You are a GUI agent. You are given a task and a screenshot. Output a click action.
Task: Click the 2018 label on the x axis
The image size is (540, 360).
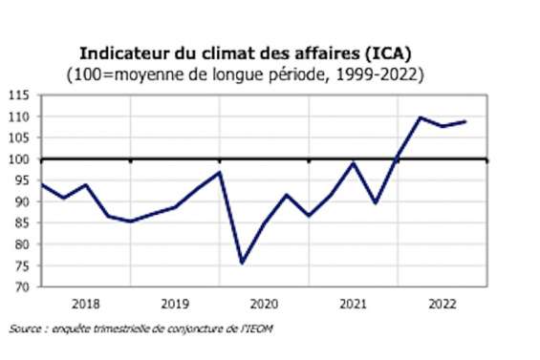click(86, 304)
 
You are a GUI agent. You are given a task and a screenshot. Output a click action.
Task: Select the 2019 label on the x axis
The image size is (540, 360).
click(175, 304)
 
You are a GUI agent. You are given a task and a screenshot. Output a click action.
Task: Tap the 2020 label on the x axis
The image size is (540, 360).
click(264, 304)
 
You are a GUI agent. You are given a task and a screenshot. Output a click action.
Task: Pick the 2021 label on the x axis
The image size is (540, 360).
click(353, 304)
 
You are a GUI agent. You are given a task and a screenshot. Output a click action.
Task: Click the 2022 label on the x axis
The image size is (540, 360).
click(442, 304)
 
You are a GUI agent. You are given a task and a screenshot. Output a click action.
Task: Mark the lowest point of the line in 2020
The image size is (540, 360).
click(242, 263)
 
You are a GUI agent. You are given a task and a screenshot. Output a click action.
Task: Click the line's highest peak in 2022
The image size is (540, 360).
click(420, 117)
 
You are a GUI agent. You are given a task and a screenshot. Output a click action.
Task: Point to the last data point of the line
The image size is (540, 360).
click(464, 121)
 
